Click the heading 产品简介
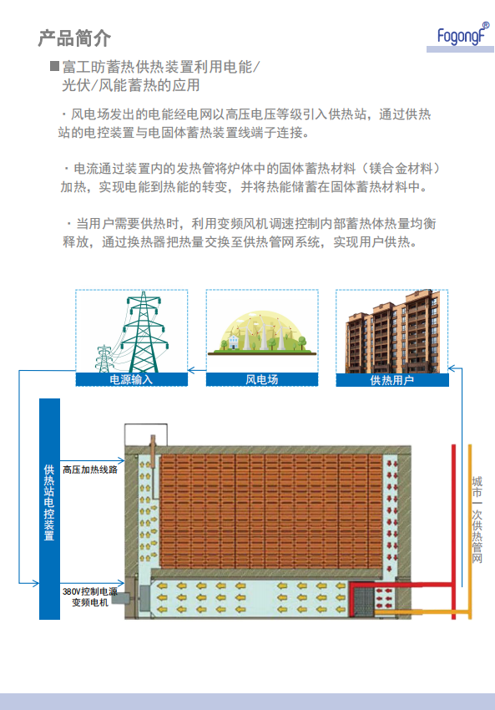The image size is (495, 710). click(x=74, y=38)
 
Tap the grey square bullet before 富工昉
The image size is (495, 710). click(x=55, y=66)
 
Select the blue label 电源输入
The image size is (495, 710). click(x=132, y=379)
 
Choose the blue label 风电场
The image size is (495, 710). click(x=262, y=379)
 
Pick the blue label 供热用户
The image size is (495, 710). click(x=392, y=380)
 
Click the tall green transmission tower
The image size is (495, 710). click(x=144, y=332)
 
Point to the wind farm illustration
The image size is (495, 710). click(x=262, y=332)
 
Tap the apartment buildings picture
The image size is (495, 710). click(x=392, y=332)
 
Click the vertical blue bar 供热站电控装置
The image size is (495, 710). click(x=50, y=509)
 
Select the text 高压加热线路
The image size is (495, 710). click(x=90, y=469)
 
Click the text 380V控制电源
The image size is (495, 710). click(x=90, y=591)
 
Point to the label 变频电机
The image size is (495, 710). click(x=90, y=602)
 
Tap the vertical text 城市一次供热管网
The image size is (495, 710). click(x=477, y=520)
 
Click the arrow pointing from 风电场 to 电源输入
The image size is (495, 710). click(x=197, y=370)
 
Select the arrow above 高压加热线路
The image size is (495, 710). click(x=93, y=460)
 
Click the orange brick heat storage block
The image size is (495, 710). click(x=271, y=511)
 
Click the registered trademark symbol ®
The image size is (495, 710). click(x=486, y=25)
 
